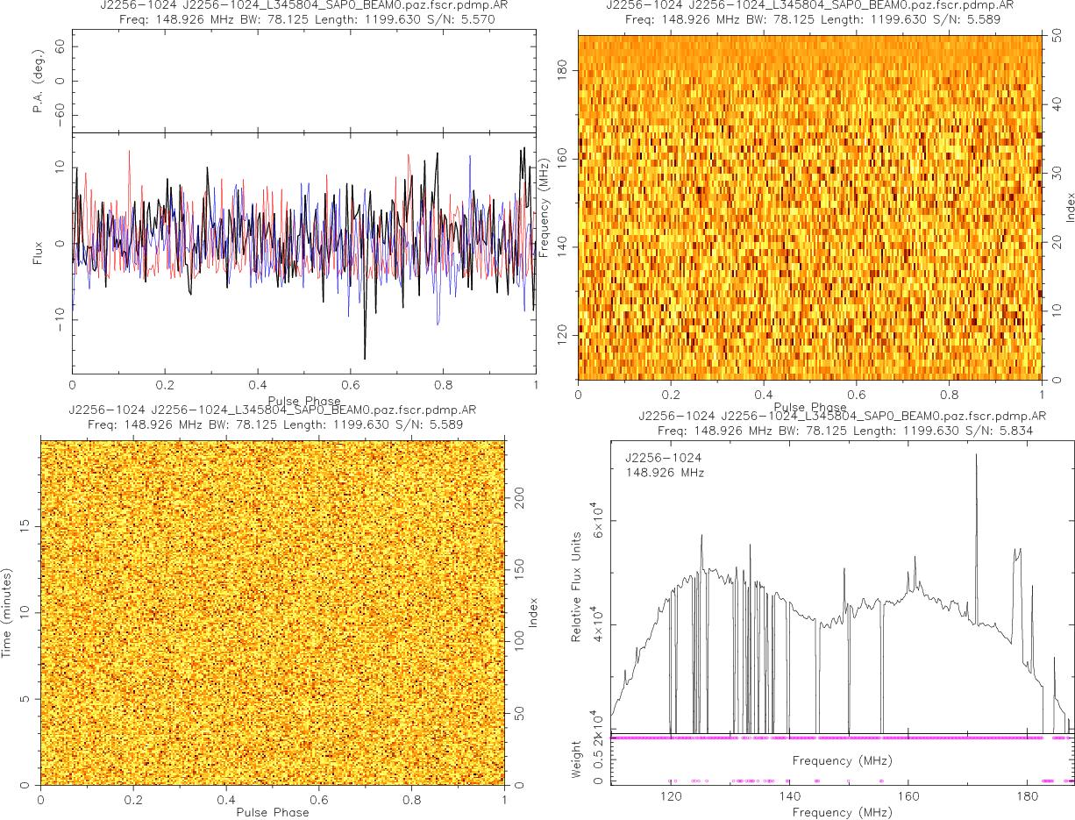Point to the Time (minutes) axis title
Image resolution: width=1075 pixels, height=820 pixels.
pyautogui.click(x=7, y=612)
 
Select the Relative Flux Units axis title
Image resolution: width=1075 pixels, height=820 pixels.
pyautogui.click(x=577, y=586)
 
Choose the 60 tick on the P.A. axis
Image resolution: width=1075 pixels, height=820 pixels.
pyautogui.click(x=61, y=48)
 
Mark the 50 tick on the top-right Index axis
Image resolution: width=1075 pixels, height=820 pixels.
pyautogui.click(x=1058, y=38)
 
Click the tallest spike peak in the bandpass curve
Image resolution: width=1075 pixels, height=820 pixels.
pyautogui.click(x=976, y=454)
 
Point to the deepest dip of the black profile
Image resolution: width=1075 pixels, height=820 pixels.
pyautogui.click(x=365, y=358)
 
